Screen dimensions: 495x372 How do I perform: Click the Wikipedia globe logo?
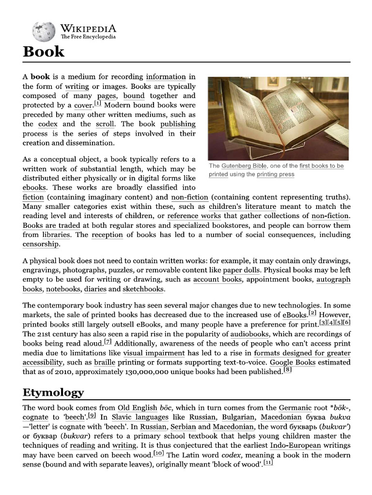click(x=44, y=32)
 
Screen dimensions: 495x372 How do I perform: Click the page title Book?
click(x=44, y=52)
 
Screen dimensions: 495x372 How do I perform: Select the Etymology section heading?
click(x=53, y=392)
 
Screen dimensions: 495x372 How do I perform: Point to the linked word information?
click(x=166, y=77)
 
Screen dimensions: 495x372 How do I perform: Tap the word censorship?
click(x=41, y=244)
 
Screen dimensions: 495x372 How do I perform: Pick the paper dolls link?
click(x=241, y=270)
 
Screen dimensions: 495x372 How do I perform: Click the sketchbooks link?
click(x=143, y=289)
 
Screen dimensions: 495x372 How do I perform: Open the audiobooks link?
click(x=249, y=334)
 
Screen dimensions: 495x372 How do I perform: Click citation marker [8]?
click(x=287, y=370)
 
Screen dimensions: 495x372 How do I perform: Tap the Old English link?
click(x=137, y=408)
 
